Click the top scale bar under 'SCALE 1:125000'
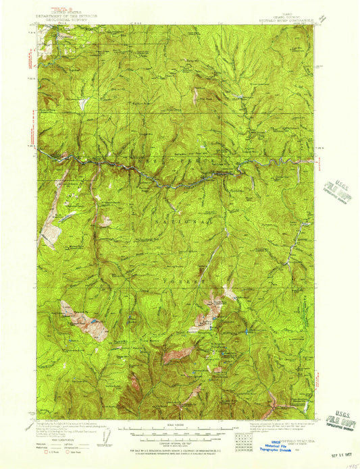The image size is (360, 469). (x=177, y=428)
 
